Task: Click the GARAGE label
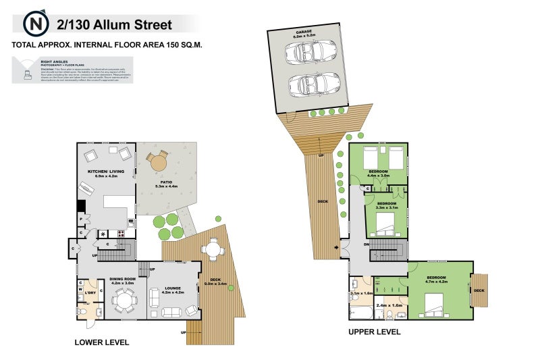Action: coord(304,30)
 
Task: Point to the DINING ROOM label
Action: coord(123,278)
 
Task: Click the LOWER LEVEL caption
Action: coord(101,342)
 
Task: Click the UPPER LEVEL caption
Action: coord(374,332)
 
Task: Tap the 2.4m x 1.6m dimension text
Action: coord(389,306)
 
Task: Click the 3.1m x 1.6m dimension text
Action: coord(361,294)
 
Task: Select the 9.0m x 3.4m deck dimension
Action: coord(214,284)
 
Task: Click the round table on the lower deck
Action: coord(214,249)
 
